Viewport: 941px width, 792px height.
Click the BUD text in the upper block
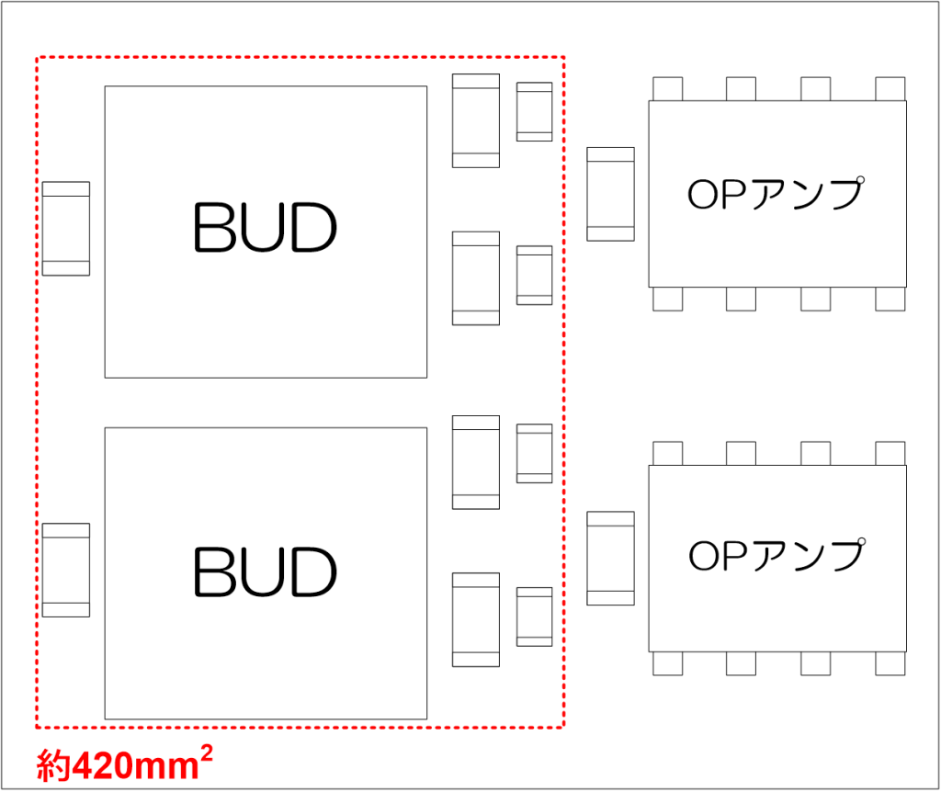pos(265,228)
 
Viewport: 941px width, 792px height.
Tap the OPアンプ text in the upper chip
pos(777,194)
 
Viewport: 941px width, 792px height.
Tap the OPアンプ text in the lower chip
pos(777,555)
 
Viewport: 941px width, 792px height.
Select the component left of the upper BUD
pos(66,228)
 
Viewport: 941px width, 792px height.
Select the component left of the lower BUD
pos(66,570)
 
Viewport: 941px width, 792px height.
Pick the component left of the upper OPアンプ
pos(610,194)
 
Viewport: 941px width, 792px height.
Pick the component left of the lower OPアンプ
pos(610,558)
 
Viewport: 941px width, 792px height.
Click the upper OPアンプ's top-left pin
pos(667,89)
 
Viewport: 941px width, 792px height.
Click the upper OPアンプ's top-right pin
pos(890,89)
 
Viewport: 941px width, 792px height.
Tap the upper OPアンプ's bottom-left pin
pos(667,299)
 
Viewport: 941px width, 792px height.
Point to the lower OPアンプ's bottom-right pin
pos(890,663)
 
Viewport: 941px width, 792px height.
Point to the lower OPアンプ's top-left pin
pos(667,454)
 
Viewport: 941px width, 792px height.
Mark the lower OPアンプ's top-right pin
pos(890,454)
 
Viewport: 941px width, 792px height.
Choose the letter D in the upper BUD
pos(312,228)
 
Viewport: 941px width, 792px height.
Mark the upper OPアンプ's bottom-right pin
pos(890,299)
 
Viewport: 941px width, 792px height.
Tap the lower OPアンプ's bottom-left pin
pos(667,663)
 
